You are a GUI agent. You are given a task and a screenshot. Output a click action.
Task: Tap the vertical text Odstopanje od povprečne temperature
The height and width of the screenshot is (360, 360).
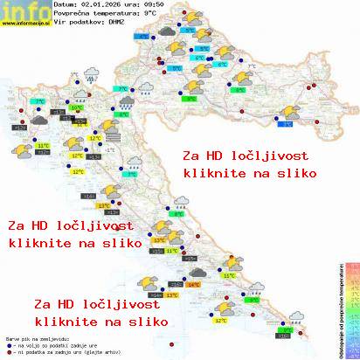337,310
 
